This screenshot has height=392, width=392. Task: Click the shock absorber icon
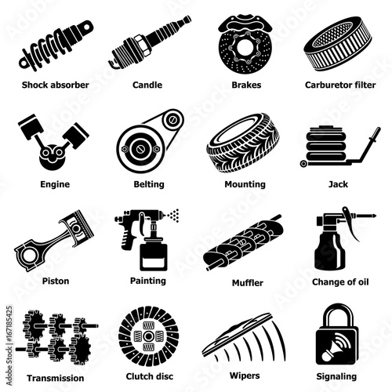[56, 45]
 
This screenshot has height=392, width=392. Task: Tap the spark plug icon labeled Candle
[150, 42]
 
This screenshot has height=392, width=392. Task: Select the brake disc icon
[245, 45]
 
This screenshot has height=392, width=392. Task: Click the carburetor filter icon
[338, 44]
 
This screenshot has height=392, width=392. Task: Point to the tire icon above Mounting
[243, 143]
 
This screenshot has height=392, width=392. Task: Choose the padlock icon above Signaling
[337, 334]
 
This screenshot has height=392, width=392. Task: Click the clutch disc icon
[148, 336]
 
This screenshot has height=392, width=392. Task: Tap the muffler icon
[244, 242]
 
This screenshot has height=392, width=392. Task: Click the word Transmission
[56, 378]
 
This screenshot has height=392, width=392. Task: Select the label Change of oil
[340, 282]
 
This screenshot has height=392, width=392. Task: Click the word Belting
[149, 184]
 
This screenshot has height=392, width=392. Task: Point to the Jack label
[338, 184]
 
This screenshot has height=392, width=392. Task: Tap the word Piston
[56, 281]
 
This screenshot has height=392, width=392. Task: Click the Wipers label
[245, 376]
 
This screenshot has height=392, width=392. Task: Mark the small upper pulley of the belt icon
[172, 120]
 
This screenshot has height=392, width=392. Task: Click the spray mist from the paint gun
[173, 216]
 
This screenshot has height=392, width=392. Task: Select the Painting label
[148, 281]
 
